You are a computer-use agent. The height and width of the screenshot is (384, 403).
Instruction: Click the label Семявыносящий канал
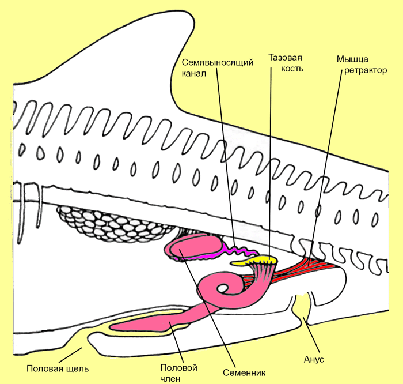click(217, 68)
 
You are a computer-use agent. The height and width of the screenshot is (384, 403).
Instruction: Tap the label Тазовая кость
click(286, 63)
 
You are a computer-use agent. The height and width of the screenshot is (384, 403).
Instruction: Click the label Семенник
click(242, 371)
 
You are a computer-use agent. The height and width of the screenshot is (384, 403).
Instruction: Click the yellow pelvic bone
click(256, 263)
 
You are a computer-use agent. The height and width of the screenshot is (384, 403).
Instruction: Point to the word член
click(171, 378)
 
